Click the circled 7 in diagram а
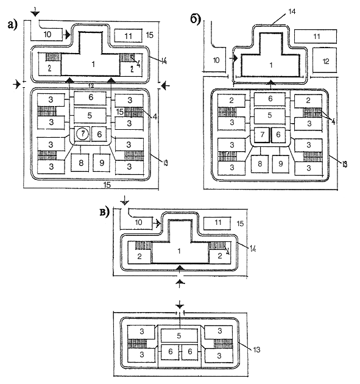pyautogui.click(x=83, y=134)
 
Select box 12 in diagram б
pyautogui.click(x=325, y=60)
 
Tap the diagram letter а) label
pyautogui.click(x=13, y=25)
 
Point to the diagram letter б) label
pyautogui.click(x=196, y=19)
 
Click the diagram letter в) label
pyautogui.click(x=105, y=212)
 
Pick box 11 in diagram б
pyautogui.click(x=316, y=37)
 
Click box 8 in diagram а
pyautogui.click(x=81, y=163)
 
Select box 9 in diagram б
pyautogui.click(x=281, y=163)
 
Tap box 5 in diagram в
pyautogui.click(x=179, y=335)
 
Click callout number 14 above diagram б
pyautogui.click(x=292, y=12)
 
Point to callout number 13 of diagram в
pyautogui.click(x=256, y=349)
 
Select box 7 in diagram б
pyautogui.click(x=262, y=135)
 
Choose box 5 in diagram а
pyautogui.click(x=90, y=115)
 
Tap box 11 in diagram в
pyautogui.click(x=217, y=223)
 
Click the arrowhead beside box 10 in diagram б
pyautogui.click(x=235, y=59)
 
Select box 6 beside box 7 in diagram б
pyautogui.click(x=278, y=135)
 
